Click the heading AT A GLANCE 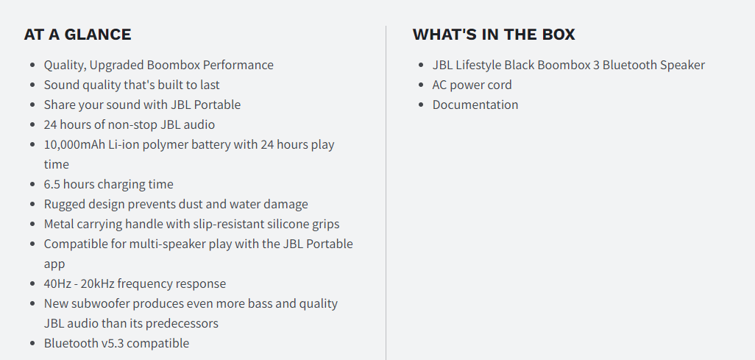[x=77, y=35]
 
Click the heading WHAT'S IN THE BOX [x=494, y=35]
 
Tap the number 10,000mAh [x=74, y=144]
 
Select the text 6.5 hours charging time [x=108, y=184]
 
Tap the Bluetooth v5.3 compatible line [x=116, y=343]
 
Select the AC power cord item [x=472, y=85]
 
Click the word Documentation [x=475, y=105]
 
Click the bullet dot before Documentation [x=422, y=105]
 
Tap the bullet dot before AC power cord [x=422, y=85]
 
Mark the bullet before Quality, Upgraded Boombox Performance [x=32, y=65]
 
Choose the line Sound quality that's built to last [x=132, y=85]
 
